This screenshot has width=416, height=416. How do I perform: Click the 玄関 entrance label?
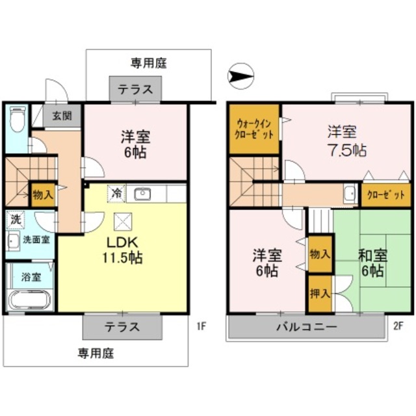tap(62, 116)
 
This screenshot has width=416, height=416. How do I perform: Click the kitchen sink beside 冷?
tap(142, 193)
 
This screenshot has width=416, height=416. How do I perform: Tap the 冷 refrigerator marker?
tap(116, 193)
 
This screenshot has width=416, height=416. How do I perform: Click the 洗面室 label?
tap(36, 239)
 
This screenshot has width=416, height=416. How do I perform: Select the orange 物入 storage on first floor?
tap(40, 193)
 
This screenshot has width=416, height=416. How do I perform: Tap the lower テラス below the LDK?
tap(122, 327)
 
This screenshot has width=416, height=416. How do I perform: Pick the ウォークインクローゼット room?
tap(254, 128)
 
